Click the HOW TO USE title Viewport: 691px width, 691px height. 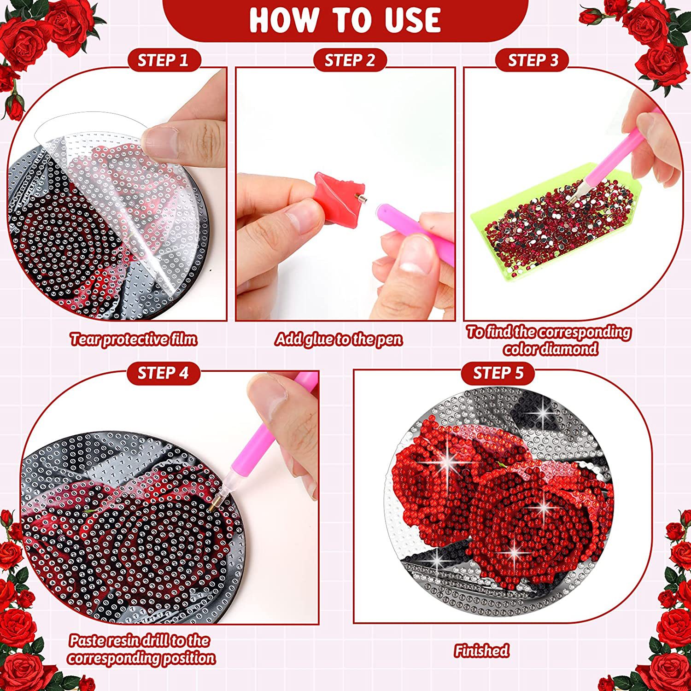345,20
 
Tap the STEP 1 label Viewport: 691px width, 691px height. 163,60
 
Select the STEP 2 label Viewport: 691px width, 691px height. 350,60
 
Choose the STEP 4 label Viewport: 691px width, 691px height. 163,373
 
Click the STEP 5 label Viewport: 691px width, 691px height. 498,373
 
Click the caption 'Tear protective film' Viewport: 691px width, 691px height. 134,340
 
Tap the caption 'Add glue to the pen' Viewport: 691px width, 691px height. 339,340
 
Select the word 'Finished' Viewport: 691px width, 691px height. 482,650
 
